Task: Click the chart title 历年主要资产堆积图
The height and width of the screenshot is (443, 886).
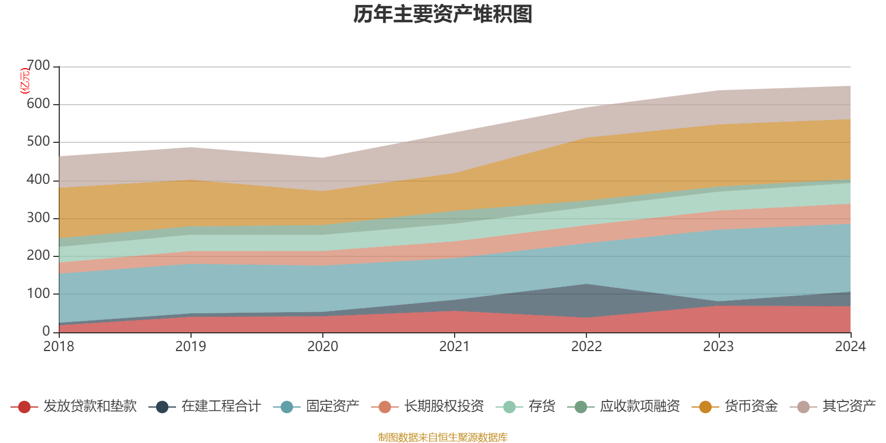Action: (443, 15)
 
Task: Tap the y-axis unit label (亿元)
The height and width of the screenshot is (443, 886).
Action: (25, 81)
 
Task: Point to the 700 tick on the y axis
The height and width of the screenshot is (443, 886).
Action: (38, 66)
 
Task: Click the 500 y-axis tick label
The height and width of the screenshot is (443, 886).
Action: (38, 142)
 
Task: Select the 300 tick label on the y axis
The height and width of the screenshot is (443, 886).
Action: (38, 218)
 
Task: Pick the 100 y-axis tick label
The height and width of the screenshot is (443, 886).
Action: (38, 293)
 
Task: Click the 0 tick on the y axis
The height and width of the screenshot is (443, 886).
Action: (46, 331)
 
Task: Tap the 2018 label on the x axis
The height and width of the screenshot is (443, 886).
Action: (59, 347)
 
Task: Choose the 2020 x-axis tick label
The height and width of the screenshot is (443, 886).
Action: (323, 347)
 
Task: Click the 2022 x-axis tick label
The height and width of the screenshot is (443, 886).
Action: (586, 347)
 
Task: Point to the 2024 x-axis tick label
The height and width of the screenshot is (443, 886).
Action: (850, 347)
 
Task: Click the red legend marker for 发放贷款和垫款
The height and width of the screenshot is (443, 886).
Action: (24, 407)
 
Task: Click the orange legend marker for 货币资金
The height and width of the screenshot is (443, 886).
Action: (705, 407)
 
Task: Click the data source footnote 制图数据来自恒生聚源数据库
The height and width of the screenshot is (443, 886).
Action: (443, 437)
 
